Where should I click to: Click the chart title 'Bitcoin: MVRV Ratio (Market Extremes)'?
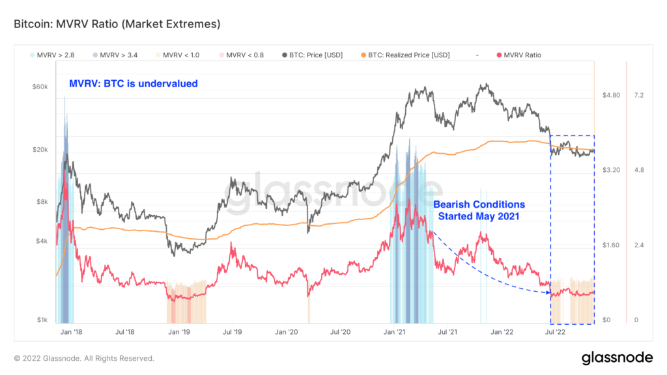coord(117,25)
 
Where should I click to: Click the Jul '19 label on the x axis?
coord(232,332)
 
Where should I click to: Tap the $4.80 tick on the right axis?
coord(611,95)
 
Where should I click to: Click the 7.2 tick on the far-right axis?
coord(639,95)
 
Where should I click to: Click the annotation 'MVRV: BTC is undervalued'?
coord(134,83)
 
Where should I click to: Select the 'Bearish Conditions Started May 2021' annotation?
coord(479,210)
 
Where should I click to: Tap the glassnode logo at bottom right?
coord(617,357)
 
